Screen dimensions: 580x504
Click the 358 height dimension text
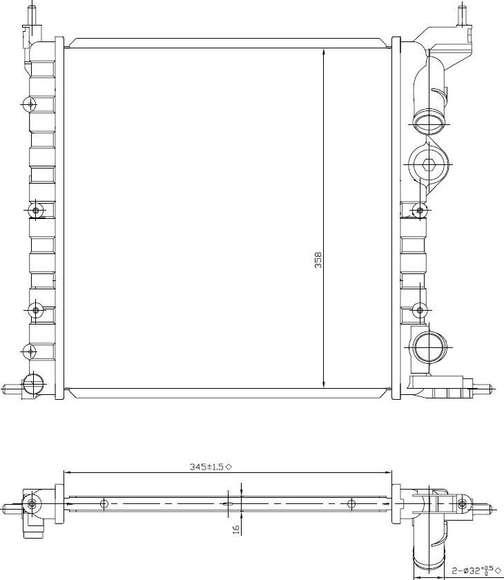coord(318,260)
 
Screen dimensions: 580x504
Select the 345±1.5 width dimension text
coord(206,467)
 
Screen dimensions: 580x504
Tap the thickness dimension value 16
coord(235,529)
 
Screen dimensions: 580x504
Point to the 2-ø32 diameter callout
coord(474,571)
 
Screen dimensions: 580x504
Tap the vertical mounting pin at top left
coord(30,14)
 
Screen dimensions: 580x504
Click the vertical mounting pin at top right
coord(462,12)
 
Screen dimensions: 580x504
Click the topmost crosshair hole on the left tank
coord(29,104)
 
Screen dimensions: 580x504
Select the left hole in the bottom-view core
coord(104,503)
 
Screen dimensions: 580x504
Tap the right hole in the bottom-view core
coord(351,503)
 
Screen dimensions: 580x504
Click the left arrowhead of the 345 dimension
coord(67,473)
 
